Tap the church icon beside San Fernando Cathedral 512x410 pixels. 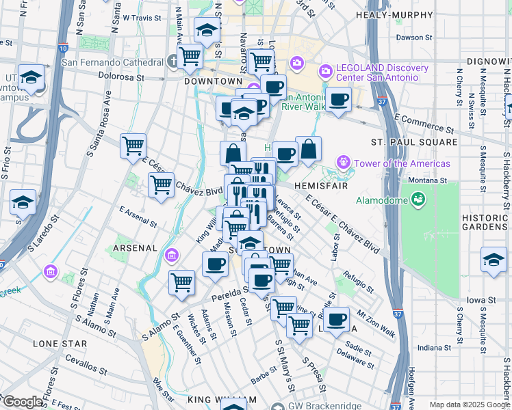pyautogui.click(x=172, y=62)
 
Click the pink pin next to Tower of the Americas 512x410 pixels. pyautogui.click(x=342, y=163)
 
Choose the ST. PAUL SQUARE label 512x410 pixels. pyautogui.click(x=413, y=142)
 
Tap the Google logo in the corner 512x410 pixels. pyautogui.click(x=22, y=401)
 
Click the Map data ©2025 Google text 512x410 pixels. pyautogui.click(x=469, y=405)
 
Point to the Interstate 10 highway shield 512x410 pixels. pyautogui.click(x=63, y=49)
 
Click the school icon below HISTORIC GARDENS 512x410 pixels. pyautogui.click(x=494, y=260)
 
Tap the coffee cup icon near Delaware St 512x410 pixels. pyautogui.click(x=335, y=320)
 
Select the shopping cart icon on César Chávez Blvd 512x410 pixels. pyautogui.click(x=161, y=184)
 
